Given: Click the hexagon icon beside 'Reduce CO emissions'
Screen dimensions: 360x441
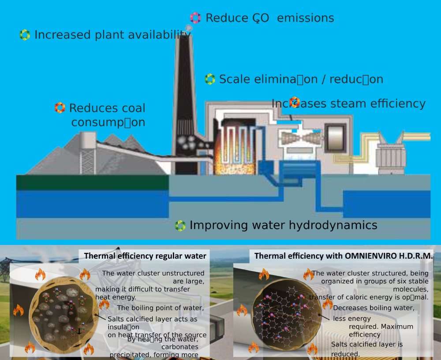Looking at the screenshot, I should click(195, 18).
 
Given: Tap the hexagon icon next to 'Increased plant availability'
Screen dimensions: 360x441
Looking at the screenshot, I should click(25, 35).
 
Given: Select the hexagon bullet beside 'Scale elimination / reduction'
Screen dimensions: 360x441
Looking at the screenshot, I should click(210, 79).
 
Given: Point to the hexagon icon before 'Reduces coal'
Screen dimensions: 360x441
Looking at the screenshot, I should click(60, 108).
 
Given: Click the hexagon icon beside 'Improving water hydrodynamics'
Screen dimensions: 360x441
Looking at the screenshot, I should click(180, 226).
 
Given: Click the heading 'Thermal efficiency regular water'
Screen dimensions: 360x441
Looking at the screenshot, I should click(145, 256).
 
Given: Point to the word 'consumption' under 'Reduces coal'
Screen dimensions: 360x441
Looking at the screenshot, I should click(108, 122).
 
